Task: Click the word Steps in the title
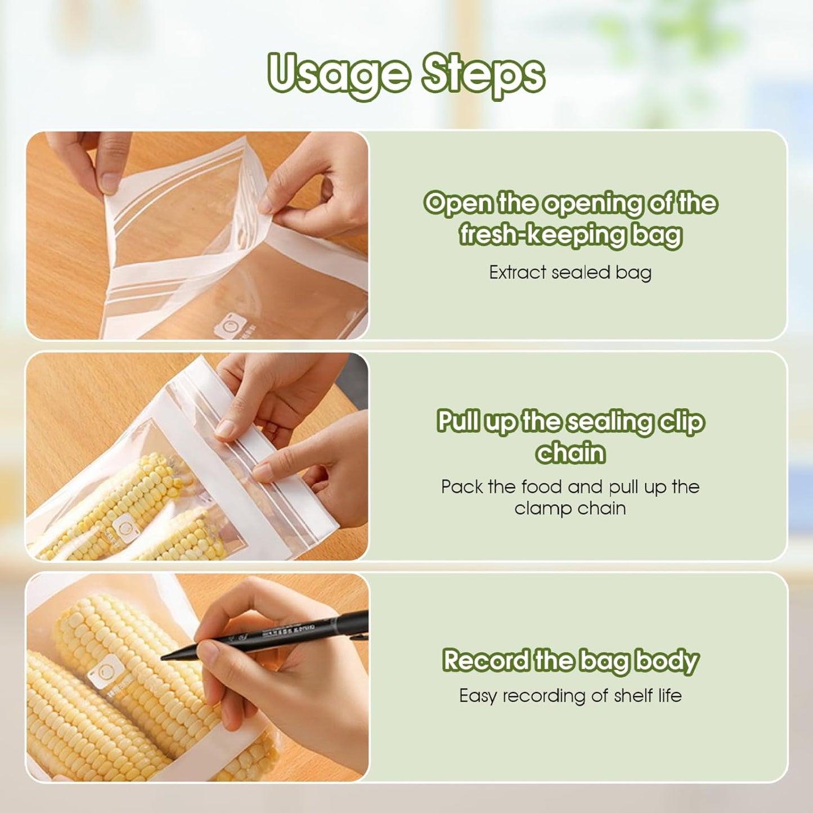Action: click(x=483, y=74)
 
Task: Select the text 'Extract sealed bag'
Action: click(x=570, y=272)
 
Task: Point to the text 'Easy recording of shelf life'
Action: click(x=570, y=696)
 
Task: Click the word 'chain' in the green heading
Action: click(x=570, y=453)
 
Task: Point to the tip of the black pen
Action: click(x=164, y=657)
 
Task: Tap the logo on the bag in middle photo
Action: click(x=123, y=528)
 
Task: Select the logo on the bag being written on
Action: click(x=105, y=672)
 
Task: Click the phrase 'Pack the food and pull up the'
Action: click(x=570, y=487)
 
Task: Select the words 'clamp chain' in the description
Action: click(x=570, y=509)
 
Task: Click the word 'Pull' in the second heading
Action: click(x=460, y=421)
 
